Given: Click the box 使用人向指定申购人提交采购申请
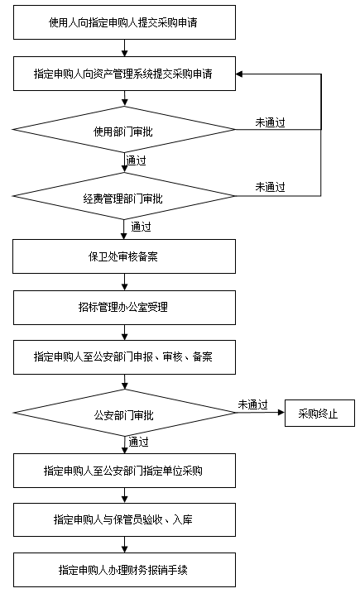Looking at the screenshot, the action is point(124,22).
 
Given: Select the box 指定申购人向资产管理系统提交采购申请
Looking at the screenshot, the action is point(124,74).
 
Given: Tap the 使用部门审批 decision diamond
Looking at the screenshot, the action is point(124,130).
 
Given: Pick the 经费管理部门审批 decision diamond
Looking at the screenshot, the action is point(124,196).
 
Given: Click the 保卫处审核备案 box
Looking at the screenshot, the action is point(124,256).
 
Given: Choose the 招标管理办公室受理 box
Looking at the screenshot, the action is point(124,308).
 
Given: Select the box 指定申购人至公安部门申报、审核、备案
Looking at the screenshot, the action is point(124,357).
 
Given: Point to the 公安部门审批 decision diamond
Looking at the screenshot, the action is point(124,413).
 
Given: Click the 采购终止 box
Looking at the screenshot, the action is point(319,413).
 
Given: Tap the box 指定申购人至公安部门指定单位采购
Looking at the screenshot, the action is point(124,471).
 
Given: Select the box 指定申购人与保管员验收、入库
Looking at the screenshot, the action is point(124,519).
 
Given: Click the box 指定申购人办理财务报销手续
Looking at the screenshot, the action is point(124,570).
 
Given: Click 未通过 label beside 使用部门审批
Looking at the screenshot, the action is point(271,122).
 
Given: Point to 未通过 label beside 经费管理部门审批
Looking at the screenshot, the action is point(271,187).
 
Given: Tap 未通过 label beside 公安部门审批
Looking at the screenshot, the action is point(253,404).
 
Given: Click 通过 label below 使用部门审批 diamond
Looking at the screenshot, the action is point(137,160).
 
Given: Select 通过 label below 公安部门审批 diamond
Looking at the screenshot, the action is point(138,442).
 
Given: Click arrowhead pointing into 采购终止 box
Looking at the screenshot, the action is point(281,413).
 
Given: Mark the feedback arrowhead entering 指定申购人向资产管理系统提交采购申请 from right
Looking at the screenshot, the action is point(239,74).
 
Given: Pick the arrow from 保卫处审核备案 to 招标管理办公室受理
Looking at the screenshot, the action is point(124,282).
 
